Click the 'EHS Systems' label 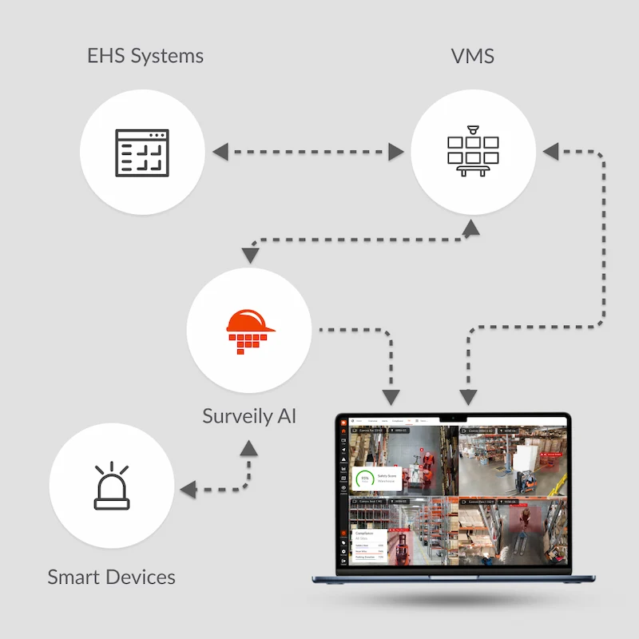tap(145, 56)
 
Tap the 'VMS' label tap(472, 56)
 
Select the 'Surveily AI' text tap(249, 416)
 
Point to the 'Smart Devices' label tap(111, 577)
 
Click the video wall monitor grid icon tap(473, 152)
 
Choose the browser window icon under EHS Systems tap(144, 152)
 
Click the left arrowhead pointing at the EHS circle tap(220, 151)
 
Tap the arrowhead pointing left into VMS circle tap(550, 151)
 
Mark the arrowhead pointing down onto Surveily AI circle tap(250, 255)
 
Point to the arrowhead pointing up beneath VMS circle tap(472, 229)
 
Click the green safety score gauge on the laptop tap(365, 478)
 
